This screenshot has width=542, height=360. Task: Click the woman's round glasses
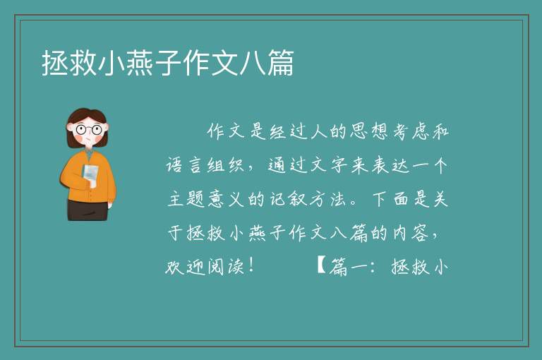tap(88, 130)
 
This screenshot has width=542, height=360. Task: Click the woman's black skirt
tap(88, 210)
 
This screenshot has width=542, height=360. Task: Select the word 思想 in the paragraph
tap(369, 131)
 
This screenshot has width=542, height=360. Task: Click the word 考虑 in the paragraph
tap(411, 131)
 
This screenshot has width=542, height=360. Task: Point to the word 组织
tap(225, 165)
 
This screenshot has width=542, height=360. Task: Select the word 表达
tap(390, 165)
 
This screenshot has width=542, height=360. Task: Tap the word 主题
tap(186, 199)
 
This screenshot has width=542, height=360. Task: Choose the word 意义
tap(227, 199)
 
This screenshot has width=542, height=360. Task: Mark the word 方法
tap(327, 199)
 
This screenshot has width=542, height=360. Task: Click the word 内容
tap(410, 233)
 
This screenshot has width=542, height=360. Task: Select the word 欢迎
tap(185, 267)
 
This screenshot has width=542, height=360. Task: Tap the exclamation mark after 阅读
tap(251, 265)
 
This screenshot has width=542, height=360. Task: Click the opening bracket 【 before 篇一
tap(321, 266)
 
